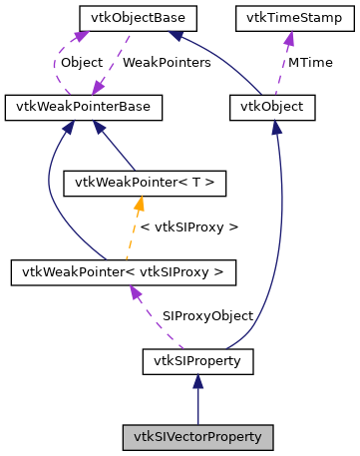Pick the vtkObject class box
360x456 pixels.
272,105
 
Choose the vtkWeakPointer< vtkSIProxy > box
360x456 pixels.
123,270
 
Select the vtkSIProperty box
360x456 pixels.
197,358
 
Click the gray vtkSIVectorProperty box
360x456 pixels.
197,436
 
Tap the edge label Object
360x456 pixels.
81,62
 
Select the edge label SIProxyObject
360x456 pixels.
207,315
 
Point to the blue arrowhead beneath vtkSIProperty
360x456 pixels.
197,380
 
